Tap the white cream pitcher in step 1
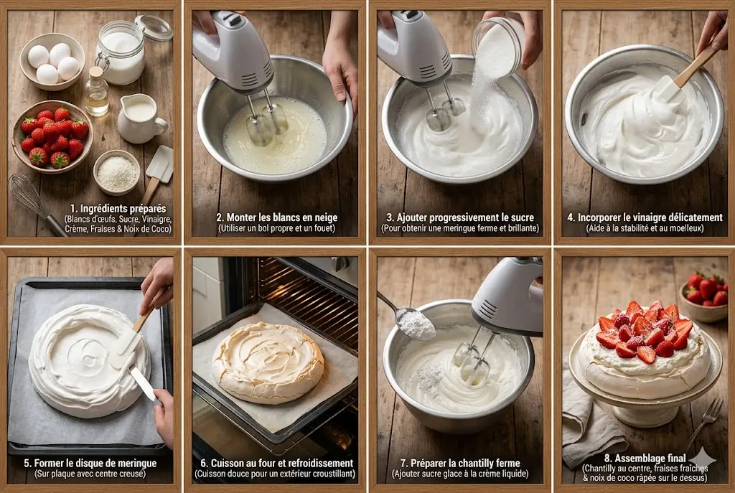tap(140, 118)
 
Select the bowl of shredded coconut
tap(116, 172)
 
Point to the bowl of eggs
tap(52, 62)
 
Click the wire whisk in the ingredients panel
tap(36, 202)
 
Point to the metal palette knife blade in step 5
tap(144, 384)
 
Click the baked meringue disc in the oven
tap(268, 362)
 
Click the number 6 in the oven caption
tap(203, 463)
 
